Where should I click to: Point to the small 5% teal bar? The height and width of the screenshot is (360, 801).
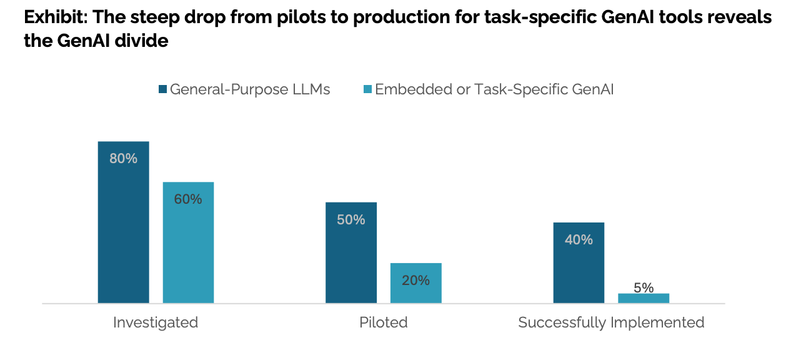[x=644, y=298]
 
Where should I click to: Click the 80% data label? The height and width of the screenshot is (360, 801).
[x=123, y=159]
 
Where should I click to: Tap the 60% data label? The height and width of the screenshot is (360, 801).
[x=188, y=199]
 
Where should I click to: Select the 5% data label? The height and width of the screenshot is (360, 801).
[x=644, y=287]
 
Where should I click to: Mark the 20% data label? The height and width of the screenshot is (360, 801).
[x=415, y=281]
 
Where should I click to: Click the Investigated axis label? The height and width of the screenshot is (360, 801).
[x=156, y=322]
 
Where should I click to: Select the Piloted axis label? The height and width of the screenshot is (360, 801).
[x=383, y=322]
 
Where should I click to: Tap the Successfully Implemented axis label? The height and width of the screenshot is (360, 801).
[x=611, y=322]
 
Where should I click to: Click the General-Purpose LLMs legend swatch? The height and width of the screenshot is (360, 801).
[x=163, y=89]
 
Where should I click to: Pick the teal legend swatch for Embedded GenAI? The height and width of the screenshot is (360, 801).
[x=368, y=89]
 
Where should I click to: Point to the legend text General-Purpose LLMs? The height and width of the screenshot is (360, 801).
[x=250, y=89]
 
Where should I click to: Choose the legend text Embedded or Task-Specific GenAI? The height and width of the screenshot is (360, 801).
[x=494, y=89]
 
